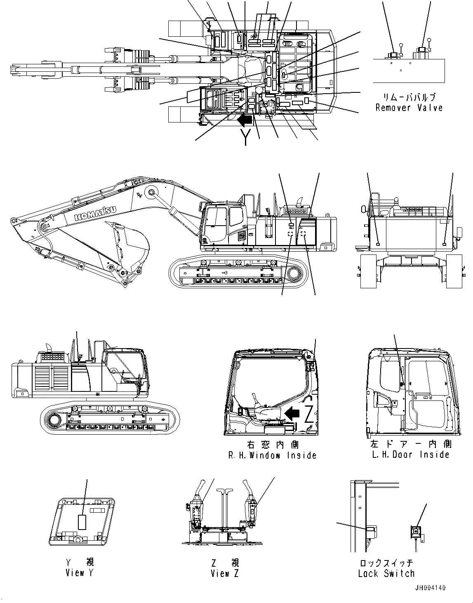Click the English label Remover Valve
409,108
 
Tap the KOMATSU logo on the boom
96,212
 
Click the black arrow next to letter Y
245,120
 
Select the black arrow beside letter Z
292,413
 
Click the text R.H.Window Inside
273,455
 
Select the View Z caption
224,573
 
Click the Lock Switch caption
386,573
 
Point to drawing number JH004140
430,588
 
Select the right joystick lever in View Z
252,501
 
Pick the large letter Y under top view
246,136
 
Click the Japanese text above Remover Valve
409,98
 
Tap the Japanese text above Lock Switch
386,563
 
